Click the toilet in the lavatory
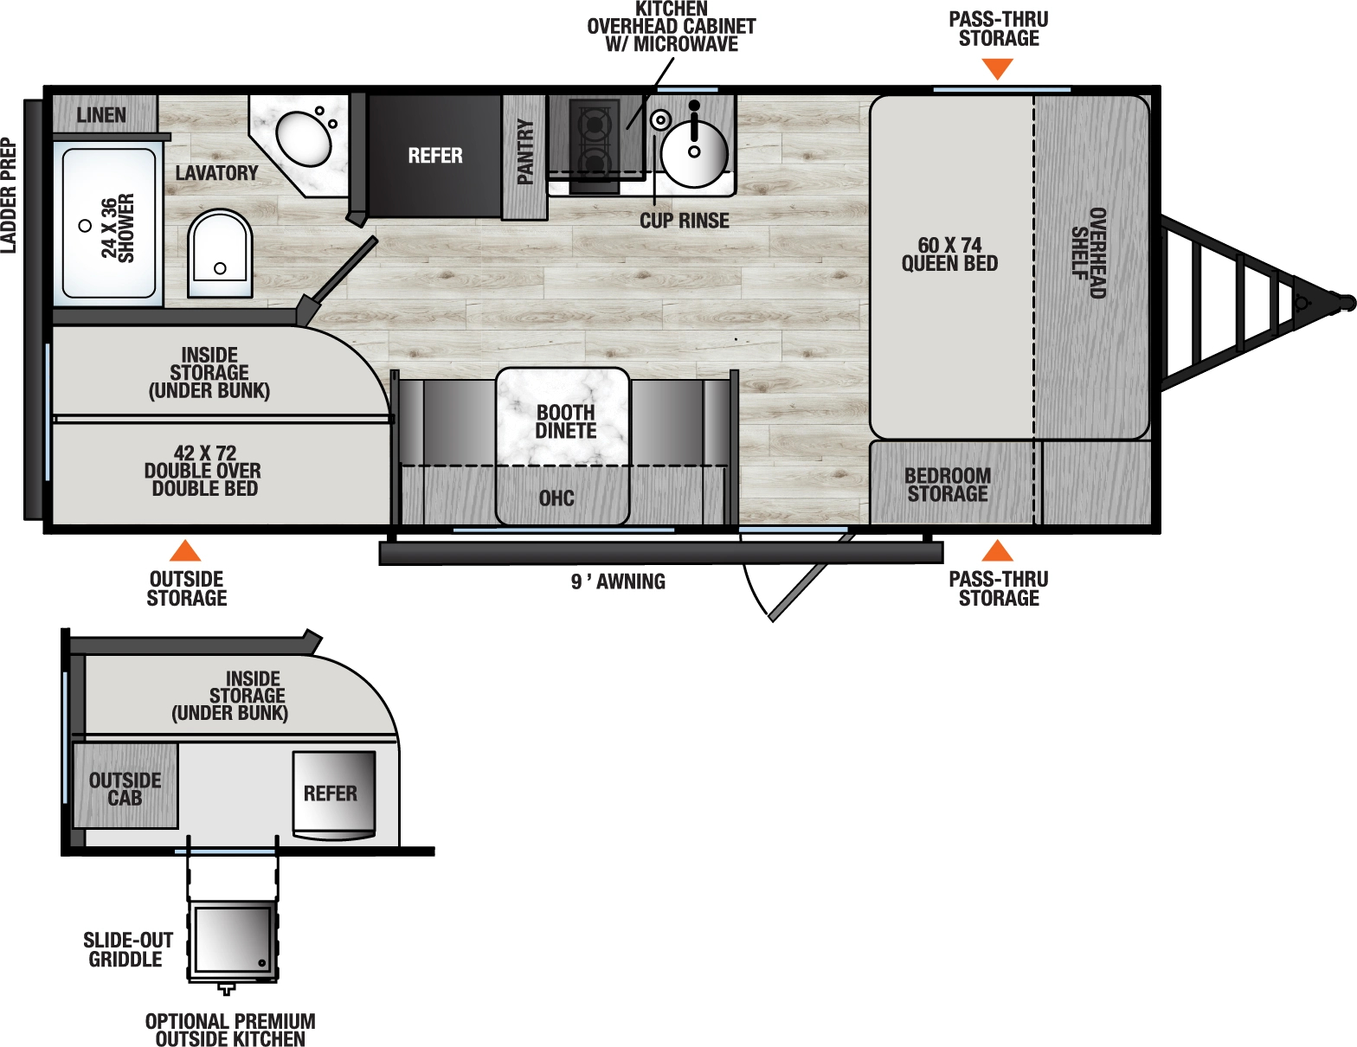click(x=220, y=253)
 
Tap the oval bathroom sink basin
click(x=304, y=138)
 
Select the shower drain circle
click(x=85, y=226)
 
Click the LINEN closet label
click(x=101, y=115)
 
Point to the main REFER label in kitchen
click(x=434, y=156)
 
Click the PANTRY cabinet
click(x=524, y=157)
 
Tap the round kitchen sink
click(x=694, y=151)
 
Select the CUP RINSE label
click(x=684, y=221)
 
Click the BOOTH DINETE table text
click(x=565, y=421)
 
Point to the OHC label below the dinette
click(x=556, y=498)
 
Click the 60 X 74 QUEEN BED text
click(x=949, y=254)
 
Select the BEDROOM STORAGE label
click(x=948, y=485)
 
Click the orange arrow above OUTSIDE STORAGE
click(x=185, y=551)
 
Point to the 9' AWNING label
click(x=618, y=582)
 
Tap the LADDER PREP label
click(x=9, y=196)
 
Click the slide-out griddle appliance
click(x=232, y=940)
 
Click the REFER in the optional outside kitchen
click(x=332, y=793)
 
